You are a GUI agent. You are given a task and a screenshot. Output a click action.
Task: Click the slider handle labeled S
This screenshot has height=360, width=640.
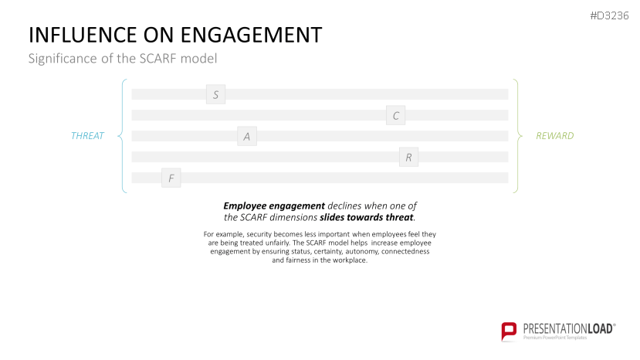pyautogui.click(x=215, y=95)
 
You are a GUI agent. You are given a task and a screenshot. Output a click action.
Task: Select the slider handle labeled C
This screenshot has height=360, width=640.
pyautogui.click(x=395, y=116)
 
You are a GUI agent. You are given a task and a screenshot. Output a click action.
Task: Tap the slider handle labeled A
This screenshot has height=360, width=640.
pyautogui.click(x=247, y=137)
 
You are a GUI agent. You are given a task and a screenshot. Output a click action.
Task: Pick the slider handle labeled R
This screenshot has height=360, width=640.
pyautogui.click(x=408, y=158)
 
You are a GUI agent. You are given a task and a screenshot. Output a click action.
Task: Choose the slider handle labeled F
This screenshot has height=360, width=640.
pyautogui.click(x=171, y=178)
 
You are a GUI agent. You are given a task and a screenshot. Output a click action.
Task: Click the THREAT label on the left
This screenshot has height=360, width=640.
pyautogui.click(x=87, y=136)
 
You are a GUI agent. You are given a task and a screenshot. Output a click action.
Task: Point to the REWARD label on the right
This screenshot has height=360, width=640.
pyautogui.click(x=554, y=136)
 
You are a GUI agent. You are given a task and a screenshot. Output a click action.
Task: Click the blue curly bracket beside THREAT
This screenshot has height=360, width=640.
pyautogui.click(x=122, y=136)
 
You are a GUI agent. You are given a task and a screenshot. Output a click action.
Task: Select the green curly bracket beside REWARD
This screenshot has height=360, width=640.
pyautogui.click(x=517, y=136)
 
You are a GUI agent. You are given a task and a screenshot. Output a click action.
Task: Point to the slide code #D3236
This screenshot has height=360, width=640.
pyautogui.click(x=609, y=16)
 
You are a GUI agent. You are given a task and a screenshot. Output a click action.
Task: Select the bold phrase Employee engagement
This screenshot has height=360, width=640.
pyautogui.click(x=273, y=205)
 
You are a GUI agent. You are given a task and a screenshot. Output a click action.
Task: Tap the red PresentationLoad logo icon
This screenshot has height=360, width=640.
pyautogui.click(x=509, y=331)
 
